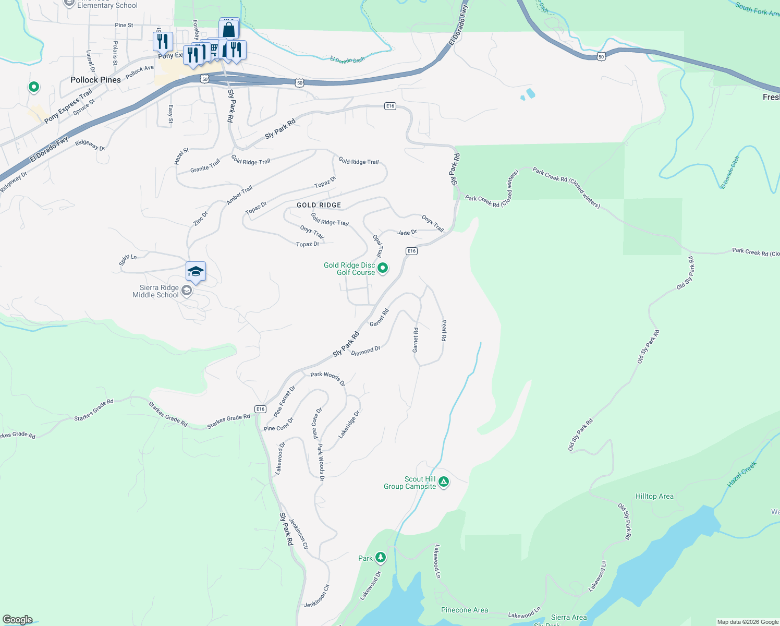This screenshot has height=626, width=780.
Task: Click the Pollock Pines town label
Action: point(95,80)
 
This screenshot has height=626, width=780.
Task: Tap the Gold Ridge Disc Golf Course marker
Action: point(383,268)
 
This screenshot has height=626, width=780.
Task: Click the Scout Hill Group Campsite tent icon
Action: point(443,481)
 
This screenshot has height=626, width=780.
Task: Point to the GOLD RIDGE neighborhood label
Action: point(319,205)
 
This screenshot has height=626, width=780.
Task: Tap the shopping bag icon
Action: point(228,29)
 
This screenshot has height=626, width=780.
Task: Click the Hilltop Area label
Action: point(654,496)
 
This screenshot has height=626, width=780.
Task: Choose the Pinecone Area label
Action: point(465,610)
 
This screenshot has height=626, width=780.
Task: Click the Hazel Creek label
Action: point(741,474)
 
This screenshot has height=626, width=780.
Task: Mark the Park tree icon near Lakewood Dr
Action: point(381,558)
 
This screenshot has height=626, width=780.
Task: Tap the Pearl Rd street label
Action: point(444,331)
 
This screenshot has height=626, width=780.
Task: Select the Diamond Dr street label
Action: point(365,351)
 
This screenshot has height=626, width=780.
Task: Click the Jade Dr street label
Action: point(407,233)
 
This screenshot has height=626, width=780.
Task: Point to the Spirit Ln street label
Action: point(128,259)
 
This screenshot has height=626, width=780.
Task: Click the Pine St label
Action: point(124,25)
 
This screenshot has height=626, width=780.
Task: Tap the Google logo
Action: point(18,620)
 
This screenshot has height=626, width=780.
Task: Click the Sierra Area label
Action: point(569,617)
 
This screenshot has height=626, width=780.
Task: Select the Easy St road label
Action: point(170,114)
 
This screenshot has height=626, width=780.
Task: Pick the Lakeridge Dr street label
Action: point(349,424)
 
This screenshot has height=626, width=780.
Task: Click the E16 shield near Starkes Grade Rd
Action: point(261,409)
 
